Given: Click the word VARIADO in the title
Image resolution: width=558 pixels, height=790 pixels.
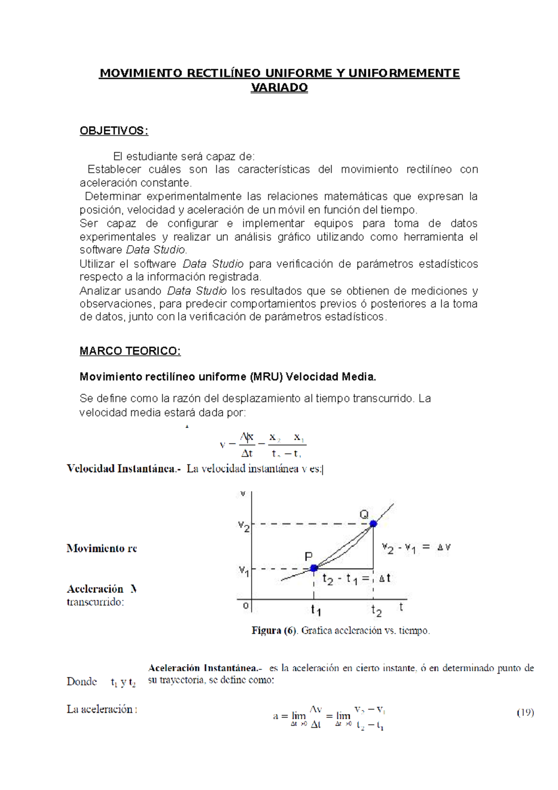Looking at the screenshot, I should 279,88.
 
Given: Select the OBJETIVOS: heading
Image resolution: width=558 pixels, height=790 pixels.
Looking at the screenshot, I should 114,131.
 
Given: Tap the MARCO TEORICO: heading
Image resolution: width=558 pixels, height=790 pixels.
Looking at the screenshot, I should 130,351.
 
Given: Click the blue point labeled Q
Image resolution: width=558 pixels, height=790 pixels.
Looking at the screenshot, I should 373,524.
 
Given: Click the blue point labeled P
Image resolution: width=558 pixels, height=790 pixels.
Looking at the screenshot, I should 314,568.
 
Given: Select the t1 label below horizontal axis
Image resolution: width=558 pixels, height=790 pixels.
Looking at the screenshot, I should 316,609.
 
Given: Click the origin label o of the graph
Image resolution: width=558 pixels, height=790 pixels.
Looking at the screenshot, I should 246,606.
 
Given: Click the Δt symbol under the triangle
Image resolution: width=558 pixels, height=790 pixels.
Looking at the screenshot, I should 385,578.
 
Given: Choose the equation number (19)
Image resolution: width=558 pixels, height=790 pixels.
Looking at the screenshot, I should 525,712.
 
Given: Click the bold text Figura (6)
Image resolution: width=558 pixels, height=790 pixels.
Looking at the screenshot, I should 274,631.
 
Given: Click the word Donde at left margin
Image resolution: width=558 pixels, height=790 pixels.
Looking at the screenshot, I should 82,682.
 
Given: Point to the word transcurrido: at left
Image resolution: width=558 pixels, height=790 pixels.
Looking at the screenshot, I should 95,602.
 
